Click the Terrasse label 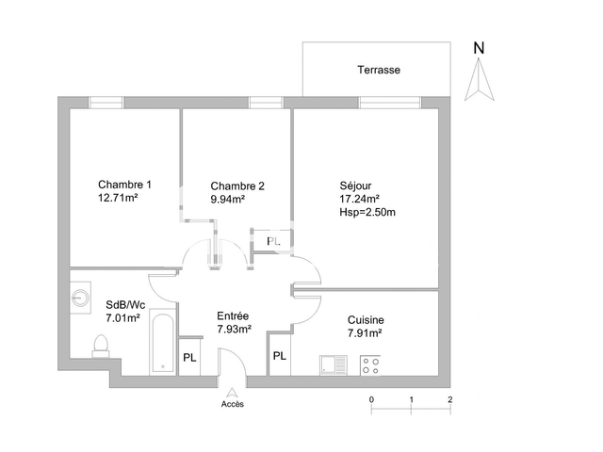point(379,71)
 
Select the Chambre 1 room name point(124,185)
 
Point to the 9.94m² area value point(228,200)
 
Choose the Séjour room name point(356,185)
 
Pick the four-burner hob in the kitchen point(370,364)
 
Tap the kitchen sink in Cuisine point(334,364)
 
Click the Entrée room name point(233,315)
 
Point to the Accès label point(232,404)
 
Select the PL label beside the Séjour point(273,242)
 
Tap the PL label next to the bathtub point(189,358)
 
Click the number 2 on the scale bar point(449,400)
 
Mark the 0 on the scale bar point(372,400)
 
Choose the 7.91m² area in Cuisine point(364,333)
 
